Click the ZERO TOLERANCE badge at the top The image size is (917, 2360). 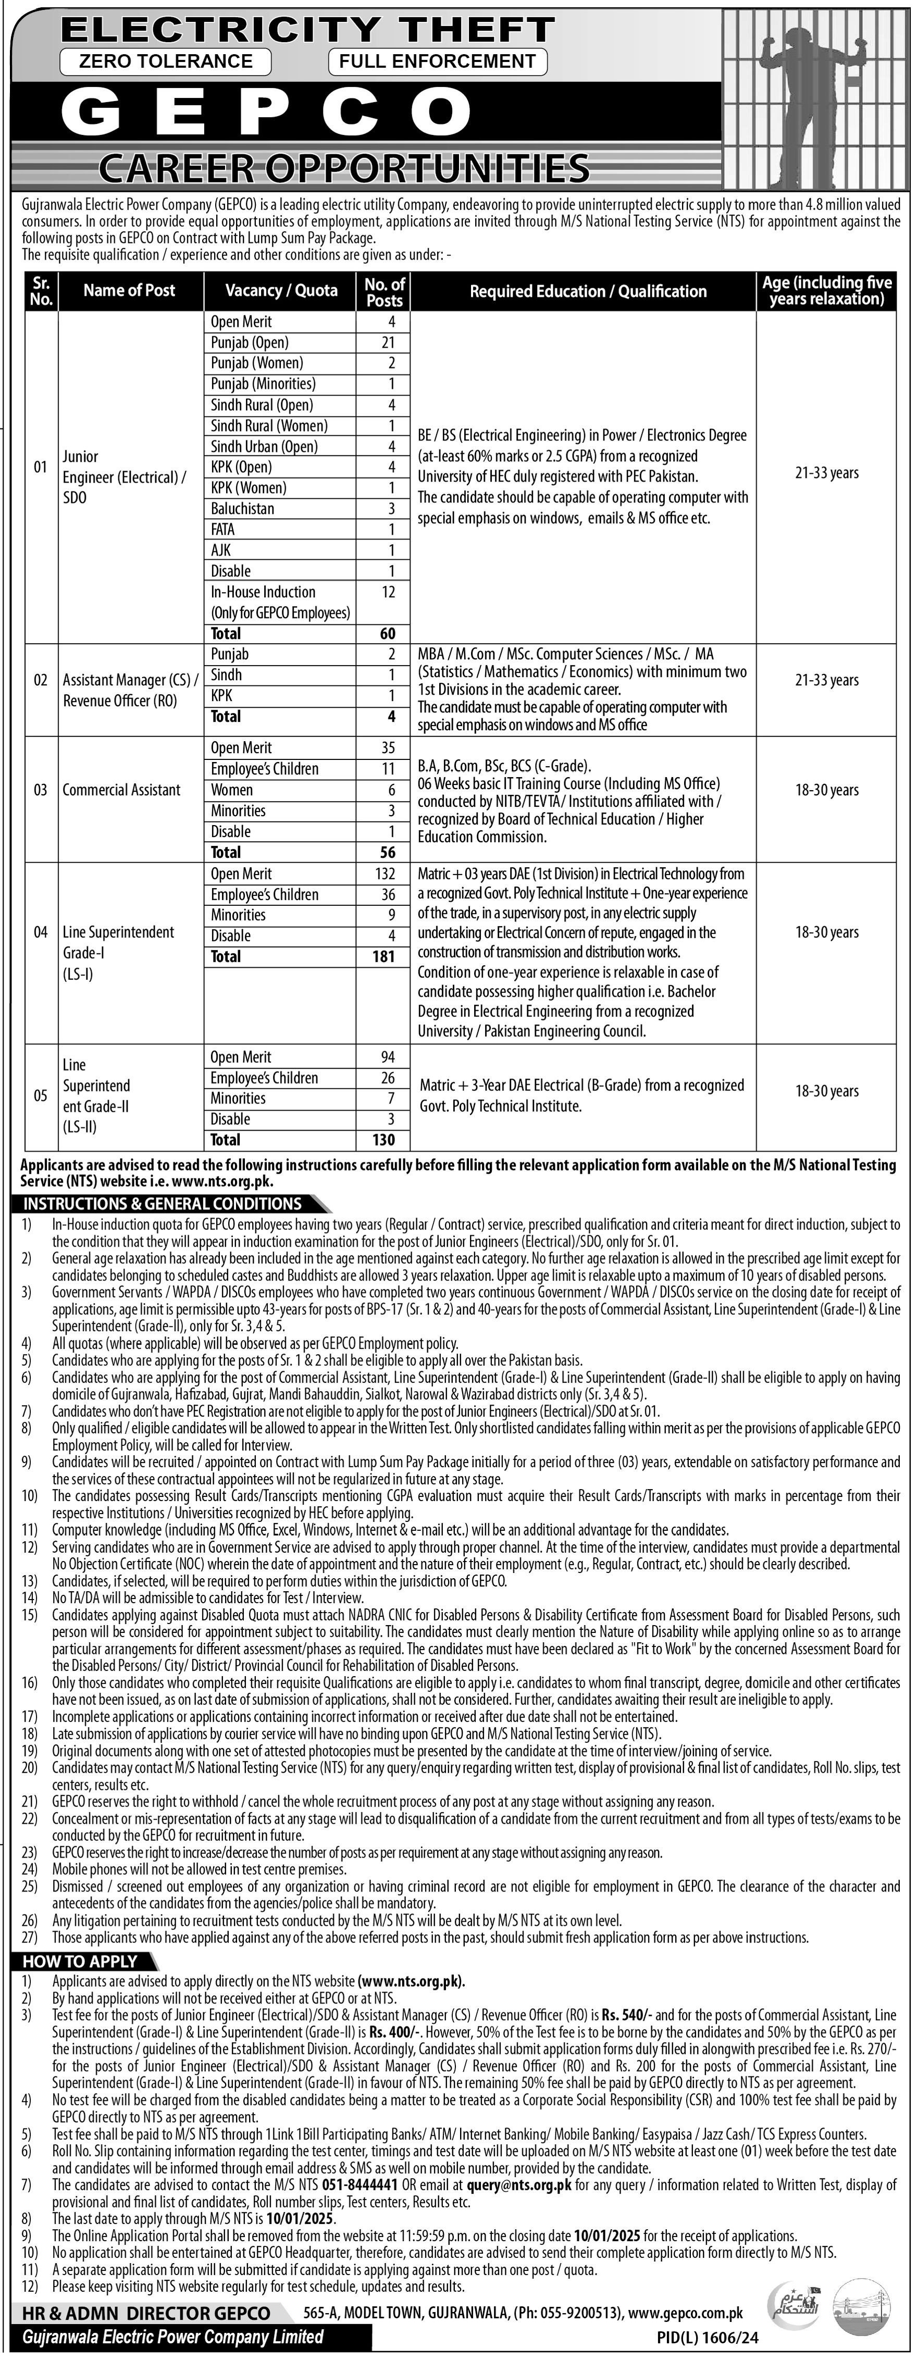pos(166,62)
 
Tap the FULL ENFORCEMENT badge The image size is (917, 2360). pos(437,62)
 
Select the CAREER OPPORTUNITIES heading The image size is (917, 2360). pos(343,168)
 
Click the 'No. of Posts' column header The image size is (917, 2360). pos(384,291)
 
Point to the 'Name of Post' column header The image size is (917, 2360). pos(129,290)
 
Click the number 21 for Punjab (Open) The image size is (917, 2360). pos(388,342)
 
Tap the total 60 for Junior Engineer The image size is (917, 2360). pos(388,633)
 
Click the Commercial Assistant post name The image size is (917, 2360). pos(122,790)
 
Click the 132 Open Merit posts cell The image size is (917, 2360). pos(384,874)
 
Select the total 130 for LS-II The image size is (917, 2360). pos(384,1140)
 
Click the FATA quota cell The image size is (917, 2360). pos(222,530)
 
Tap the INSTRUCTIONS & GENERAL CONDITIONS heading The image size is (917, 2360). pos(163,1204)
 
